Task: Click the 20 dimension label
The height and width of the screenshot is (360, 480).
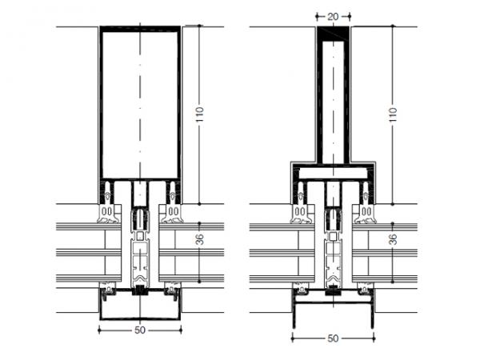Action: pyautogui.click(x=332, y=14)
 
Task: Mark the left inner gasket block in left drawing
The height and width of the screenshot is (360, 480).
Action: pyautogui.click(x=106, y=212)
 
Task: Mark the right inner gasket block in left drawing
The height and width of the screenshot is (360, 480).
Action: pyautogui.click(x=174, y=212)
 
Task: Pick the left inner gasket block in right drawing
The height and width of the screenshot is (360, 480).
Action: pyautogui.click(x=299, y=212)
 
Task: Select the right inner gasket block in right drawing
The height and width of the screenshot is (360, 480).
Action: pyautogui.click(x=366, y=212)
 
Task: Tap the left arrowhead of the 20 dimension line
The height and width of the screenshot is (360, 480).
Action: pyautogui.click(x=318, y=14)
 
